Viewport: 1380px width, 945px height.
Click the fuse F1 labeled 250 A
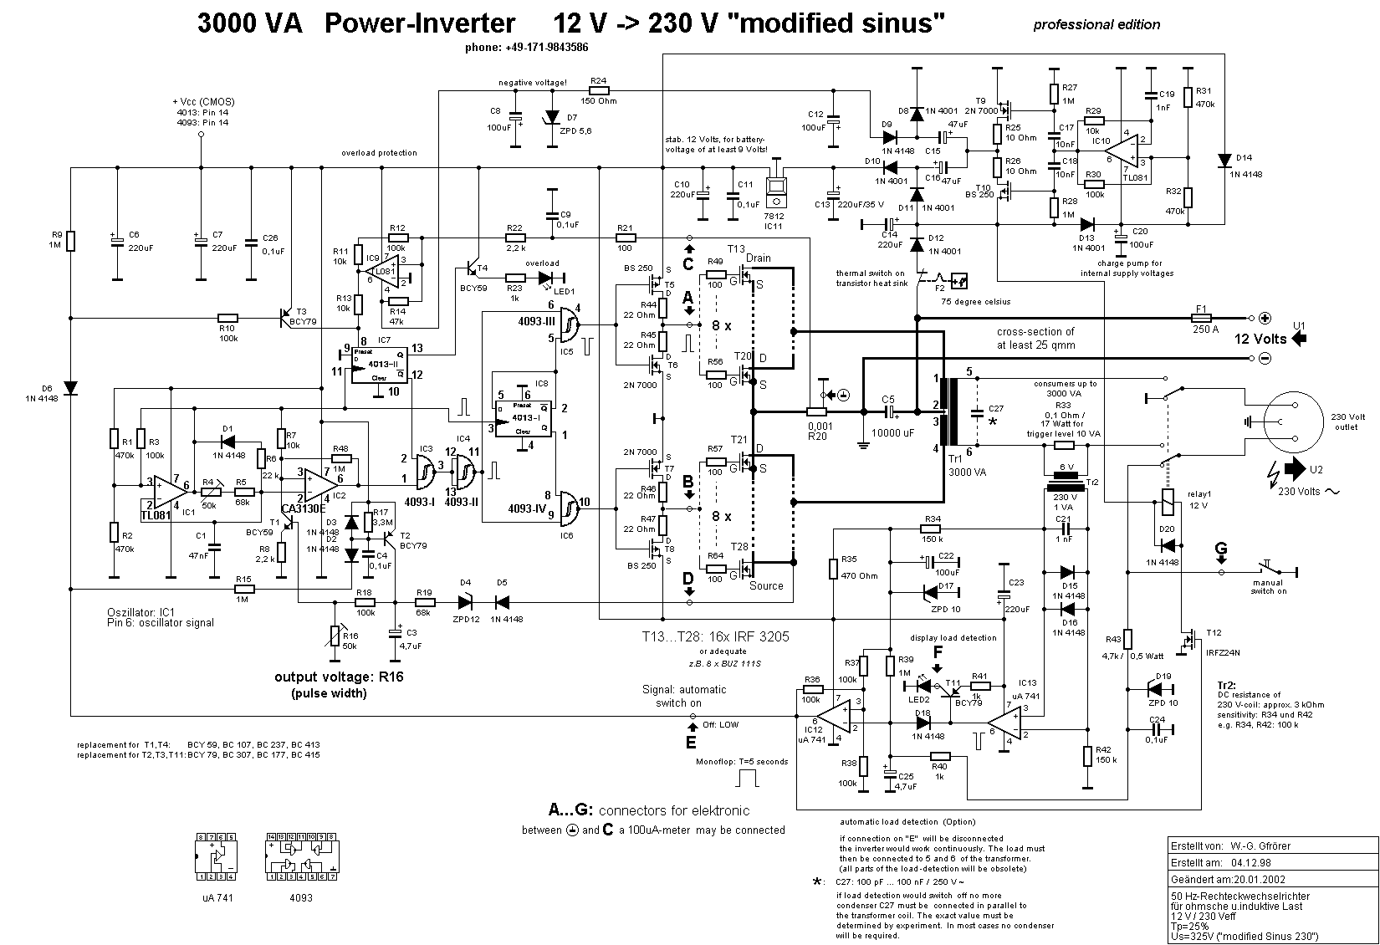1201,318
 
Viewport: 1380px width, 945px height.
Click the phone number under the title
526,48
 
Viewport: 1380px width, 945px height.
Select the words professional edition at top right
1096,24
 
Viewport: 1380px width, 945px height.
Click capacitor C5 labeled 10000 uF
890,411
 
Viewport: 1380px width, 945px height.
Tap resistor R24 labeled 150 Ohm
598,90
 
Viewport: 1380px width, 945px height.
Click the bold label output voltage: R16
339,677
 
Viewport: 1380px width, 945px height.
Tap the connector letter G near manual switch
1220,549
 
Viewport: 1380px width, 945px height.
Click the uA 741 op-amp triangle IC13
1004,721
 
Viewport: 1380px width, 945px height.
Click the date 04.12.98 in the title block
1250,862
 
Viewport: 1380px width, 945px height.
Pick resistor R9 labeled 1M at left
71,241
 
